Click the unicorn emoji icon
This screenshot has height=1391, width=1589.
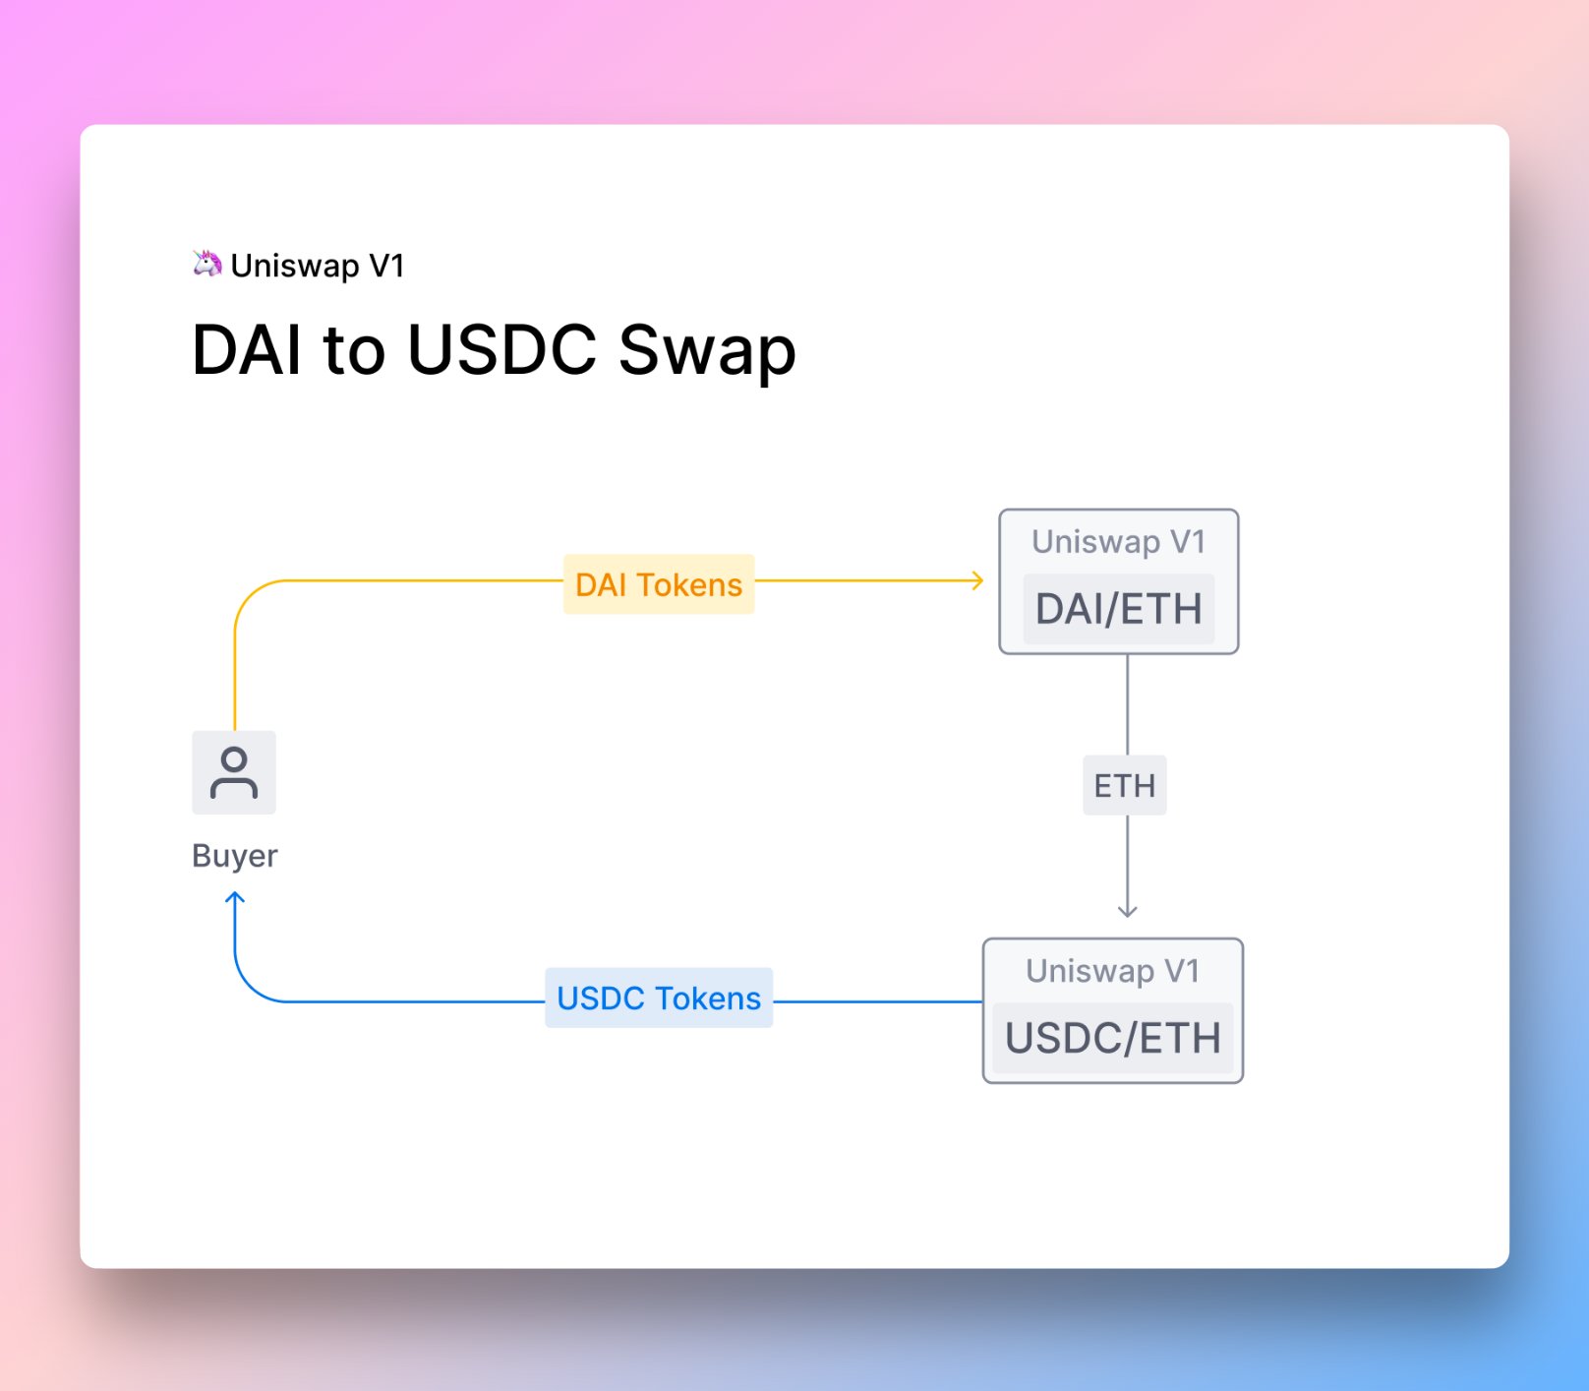(206, 264)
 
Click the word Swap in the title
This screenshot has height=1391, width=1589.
(706, 350)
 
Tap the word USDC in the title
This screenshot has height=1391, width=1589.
(501, 350)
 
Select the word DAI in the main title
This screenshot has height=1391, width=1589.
(248, 350)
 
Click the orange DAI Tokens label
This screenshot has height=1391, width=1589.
(659, 584)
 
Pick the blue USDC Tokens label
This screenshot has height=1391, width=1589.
(659, 998)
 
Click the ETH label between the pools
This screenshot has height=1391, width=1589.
(1125, 785)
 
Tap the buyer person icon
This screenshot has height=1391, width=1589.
(234, 772)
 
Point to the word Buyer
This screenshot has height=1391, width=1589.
(234, 856)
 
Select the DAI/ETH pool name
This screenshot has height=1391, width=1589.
(1119, 609)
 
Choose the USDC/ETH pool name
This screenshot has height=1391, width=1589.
(1113, 1038)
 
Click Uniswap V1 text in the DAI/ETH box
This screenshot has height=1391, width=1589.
(1119, 542)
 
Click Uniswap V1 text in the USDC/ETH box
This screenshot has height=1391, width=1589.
(1113, 971)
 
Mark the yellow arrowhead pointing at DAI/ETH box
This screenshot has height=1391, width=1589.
(977, 580)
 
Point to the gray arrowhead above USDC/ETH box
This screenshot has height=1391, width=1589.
(1128, 911)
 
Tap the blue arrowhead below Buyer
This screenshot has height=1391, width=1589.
(235, 898)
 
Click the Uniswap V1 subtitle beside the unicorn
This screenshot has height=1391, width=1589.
(318, 266)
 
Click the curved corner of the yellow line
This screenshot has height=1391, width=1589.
(249, 594)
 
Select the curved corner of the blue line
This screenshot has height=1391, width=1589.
(249, 988)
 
